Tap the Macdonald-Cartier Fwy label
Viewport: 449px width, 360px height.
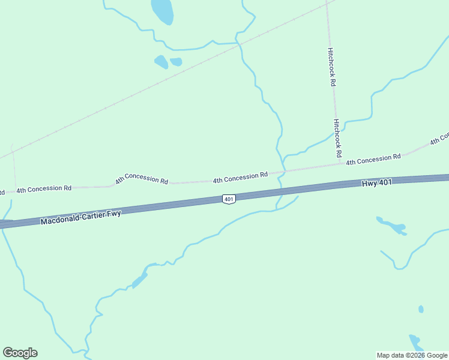81,217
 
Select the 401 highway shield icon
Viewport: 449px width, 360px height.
228,199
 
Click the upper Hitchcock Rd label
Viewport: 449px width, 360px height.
331,67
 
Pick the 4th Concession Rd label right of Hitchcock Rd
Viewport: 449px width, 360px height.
373,159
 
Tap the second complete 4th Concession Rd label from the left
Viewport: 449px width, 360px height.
142,179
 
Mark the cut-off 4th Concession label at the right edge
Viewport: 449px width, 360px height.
439,139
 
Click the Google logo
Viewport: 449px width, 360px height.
20,353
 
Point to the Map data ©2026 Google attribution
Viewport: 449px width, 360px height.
412,355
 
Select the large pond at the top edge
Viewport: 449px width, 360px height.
162,10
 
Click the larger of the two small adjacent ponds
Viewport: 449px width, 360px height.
161,61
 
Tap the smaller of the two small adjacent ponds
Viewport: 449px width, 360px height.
176,61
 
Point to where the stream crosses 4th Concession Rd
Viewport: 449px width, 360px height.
284,171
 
